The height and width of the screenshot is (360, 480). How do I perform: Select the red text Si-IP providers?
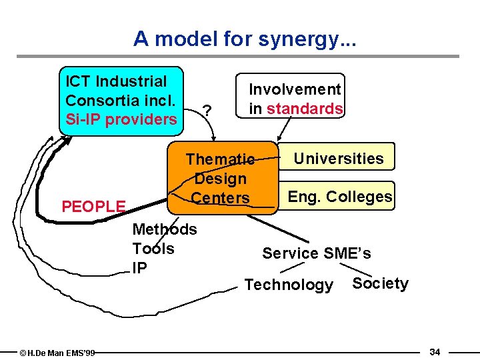tap(121, 120)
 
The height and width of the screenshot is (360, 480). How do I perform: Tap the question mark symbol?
tap(208, 110)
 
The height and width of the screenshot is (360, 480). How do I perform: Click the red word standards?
tap(305, 109)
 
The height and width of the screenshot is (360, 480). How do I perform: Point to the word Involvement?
tap(295, 89)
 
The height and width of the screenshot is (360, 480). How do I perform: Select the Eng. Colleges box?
tap(340, 197)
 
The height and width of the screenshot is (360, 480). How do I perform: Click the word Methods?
tap(165, 230)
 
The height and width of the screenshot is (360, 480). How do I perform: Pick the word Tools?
tap(153, 249)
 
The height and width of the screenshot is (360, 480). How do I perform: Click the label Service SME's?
tap(317, 253)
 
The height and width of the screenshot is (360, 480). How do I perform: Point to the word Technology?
tap(289, 285)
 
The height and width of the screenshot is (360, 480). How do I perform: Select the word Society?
tap(380, 283)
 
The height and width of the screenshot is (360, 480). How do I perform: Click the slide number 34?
tap(435, 351)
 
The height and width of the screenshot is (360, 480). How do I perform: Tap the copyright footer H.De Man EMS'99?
tap(57, 352)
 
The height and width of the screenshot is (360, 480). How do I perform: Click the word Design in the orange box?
tap(221, 179)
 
